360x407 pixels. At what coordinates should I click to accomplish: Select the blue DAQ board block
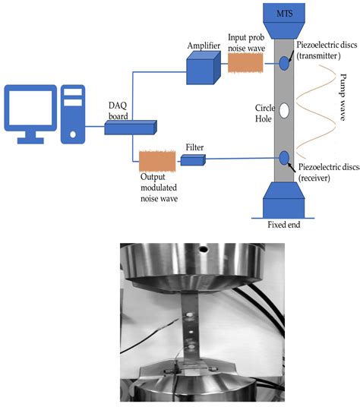130,128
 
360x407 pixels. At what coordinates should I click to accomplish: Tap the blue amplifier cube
201,71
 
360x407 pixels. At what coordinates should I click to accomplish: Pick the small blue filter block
192,159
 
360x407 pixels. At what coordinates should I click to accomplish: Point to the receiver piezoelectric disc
284,158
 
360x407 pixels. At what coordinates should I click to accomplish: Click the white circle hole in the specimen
284,110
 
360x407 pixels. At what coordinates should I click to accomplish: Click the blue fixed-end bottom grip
284,202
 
